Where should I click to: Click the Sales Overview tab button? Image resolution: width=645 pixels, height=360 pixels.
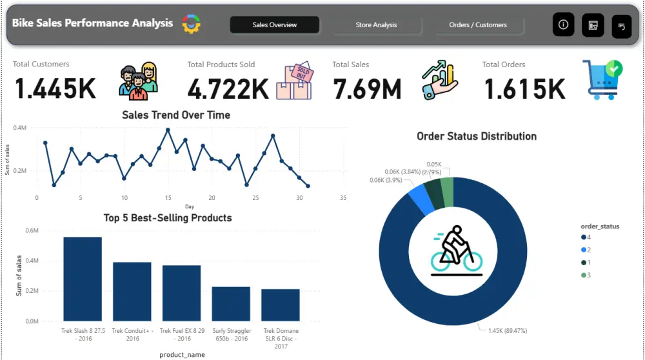274,25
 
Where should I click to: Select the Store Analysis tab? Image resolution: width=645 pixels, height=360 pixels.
376,25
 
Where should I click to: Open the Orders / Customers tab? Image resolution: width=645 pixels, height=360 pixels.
478,25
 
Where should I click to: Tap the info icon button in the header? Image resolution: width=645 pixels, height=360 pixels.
563,25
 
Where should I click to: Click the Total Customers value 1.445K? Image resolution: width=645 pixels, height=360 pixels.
55,88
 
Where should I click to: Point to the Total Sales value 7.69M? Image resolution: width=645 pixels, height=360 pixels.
366,88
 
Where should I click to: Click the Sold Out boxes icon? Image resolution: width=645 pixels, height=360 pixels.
293,81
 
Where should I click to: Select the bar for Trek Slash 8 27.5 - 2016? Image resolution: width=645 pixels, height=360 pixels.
83,279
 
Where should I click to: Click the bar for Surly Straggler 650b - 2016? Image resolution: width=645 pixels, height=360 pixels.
231,304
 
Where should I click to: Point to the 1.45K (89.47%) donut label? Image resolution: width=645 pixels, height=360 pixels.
503,330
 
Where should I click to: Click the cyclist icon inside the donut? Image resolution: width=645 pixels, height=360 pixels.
457,249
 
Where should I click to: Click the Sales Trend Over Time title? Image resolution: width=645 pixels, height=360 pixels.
176,115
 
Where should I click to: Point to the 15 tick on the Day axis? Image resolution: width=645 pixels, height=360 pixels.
168,198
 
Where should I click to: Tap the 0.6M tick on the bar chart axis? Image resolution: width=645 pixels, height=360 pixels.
32,230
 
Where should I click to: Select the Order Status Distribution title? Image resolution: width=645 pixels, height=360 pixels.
477,137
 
